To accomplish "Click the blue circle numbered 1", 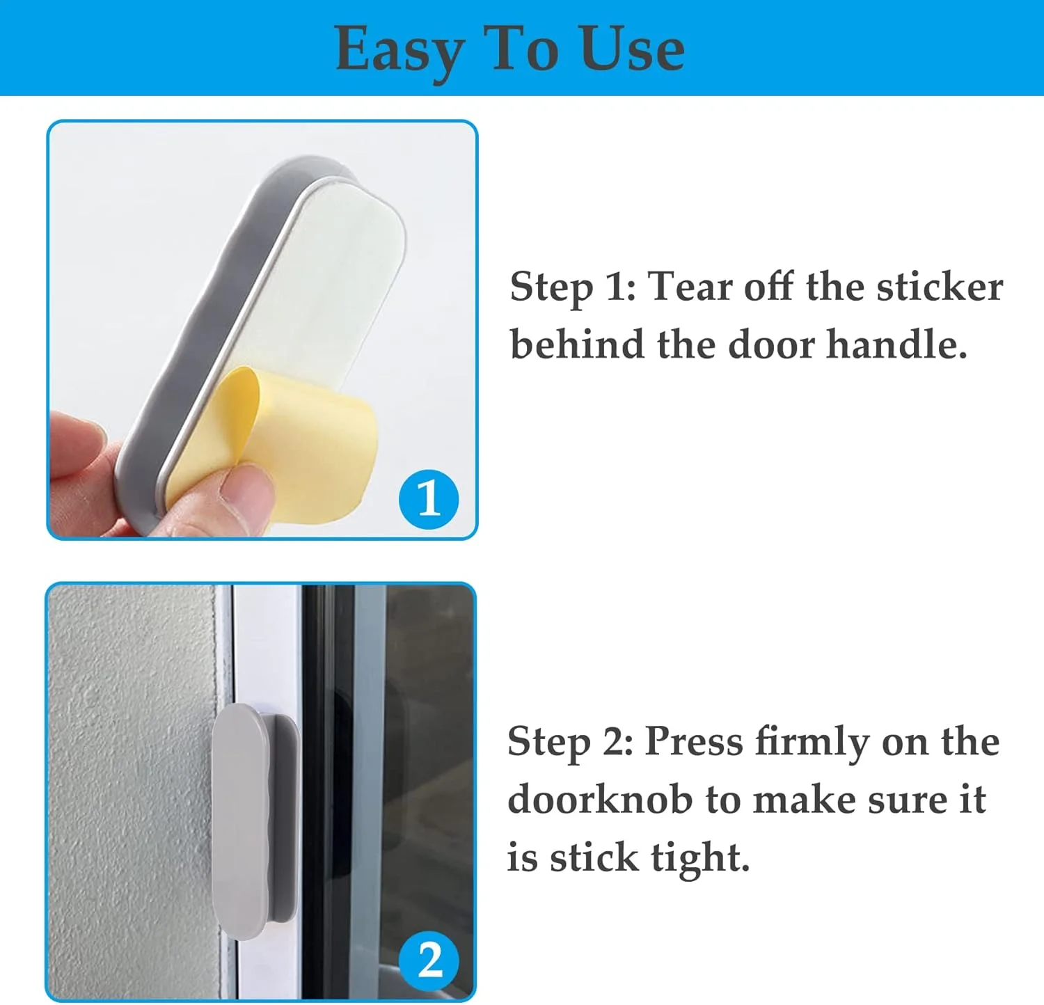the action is click(x=429, y=498).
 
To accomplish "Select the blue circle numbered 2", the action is click(x=429, y=960).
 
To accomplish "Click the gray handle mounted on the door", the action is click(x=254, y=821).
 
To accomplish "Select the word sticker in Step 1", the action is click(x=940, y=286).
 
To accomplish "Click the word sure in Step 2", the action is click(x=908, y=800).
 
